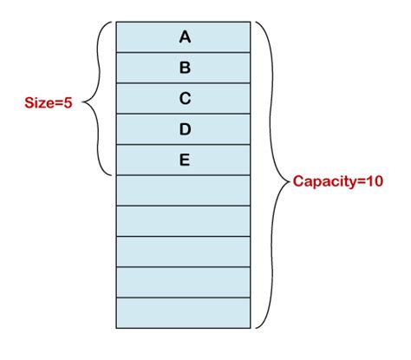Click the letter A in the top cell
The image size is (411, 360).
coord(184,36)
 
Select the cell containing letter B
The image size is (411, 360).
coord(184,68)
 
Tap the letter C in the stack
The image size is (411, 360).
coord(184,98)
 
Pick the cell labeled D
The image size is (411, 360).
coord(184,129)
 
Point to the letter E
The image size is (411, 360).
coord(184,160)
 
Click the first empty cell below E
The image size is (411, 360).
coord(184,190)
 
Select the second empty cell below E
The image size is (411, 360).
coord(184,220)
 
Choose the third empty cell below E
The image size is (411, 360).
coord(184,252)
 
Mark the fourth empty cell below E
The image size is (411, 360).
coord(184,282)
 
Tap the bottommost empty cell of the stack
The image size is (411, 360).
coord(184,312)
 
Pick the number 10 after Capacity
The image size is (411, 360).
coord(374,183)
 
